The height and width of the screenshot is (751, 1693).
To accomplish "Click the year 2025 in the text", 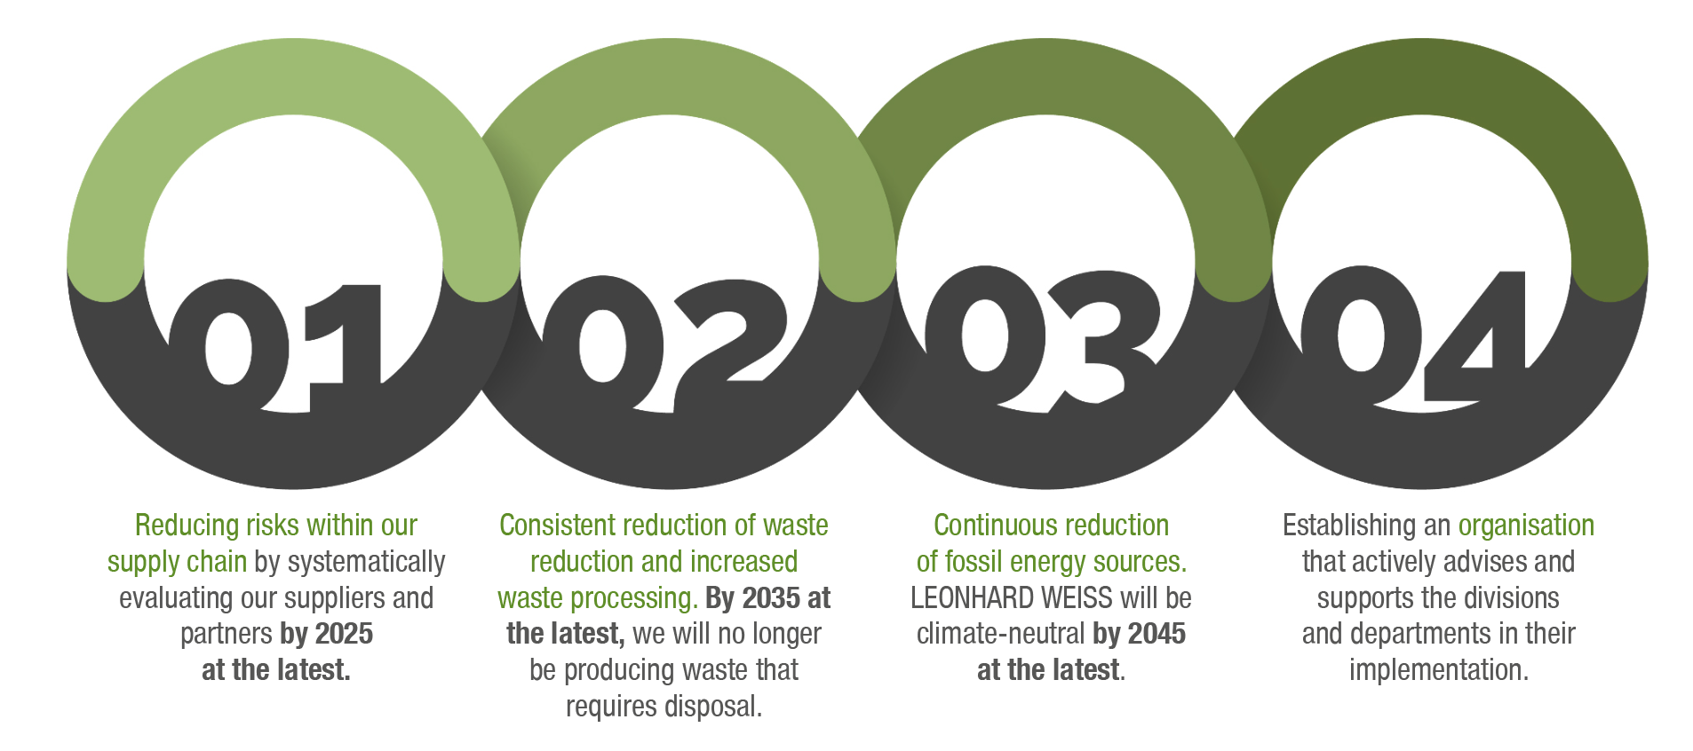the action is point(344,634).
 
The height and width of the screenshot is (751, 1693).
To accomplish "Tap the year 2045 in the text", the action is point(1156,634).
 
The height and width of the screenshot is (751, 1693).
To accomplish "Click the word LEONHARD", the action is point(964,598).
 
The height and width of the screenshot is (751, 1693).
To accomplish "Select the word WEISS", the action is point(1069,598).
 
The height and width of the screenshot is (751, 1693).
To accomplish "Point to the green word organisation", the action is point(1526,526).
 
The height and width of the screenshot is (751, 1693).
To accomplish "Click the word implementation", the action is point(1438,670).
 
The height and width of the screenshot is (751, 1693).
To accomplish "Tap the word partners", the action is point(227,634).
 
